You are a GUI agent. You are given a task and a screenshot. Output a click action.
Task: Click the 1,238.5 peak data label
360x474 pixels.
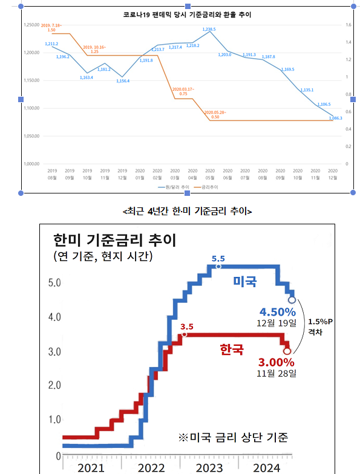(209, 29)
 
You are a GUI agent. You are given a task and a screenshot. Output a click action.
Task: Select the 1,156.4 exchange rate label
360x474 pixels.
(122, 80)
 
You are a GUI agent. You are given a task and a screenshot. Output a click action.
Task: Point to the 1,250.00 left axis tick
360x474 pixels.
(31, 25)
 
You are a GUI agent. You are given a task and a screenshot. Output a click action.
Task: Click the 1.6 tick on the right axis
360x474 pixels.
(348, 25)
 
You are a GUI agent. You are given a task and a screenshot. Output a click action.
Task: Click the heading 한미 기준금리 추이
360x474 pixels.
(114, 241)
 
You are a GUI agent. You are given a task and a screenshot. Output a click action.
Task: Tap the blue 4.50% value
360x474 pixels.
(277, 312)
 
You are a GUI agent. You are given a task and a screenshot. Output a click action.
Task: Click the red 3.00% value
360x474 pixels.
(277, 362)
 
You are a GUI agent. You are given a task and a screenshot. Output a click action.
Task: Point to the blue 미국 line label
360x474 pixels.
(245, 282)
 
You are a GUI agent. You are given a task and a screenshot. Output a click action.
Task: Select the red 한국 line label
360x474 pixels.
(232, 349)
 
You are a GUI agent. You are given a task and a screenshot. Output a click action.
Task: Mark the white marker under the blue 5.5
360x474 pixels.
(218, 266)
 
